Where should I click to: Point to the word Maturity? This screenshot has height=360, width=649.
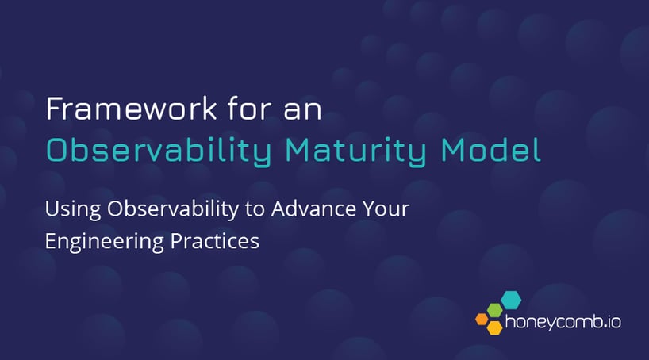coord(344,150)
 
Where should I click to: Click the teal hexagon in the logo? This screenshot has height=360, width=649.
coord(512,300)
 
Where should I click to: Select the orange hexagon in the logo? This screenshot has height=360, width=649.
coord(481,319)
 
